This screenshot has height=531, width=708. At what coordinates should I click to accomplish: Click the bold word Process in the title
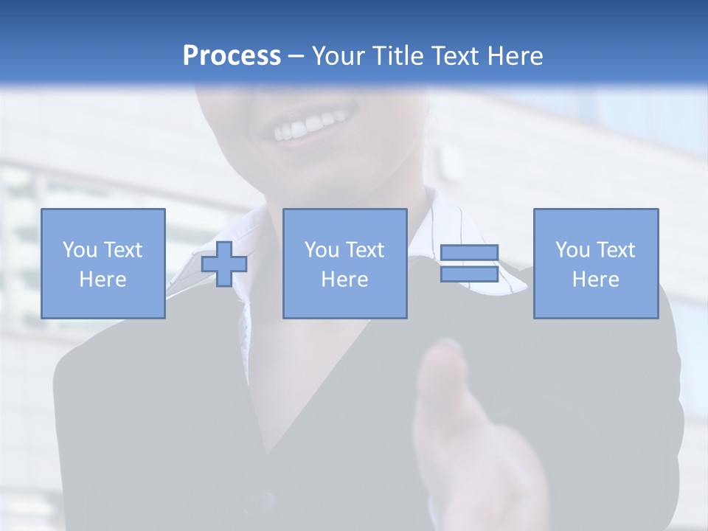tap(232, 56)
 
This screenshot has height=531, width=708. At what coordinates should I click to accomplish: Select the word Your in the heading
tap(339, 56)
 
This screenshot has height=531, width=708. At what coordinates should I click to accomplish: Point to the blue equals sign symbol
tap(469, 263)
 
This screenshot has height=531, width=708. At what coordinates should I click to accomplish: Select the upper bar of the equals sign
tap(469, 253)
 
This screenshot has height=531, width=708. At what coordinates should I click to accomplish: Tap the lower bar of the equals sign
tap(469, 274)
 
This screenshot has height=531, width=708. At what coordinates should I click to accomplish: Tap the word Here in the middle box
tap(344, 280)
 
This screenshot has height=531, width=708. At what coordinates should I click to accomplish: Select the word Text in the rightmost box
tap(616, 250)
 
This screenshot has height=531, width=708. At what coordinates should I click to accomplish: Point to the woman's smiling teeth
tap(310, 127)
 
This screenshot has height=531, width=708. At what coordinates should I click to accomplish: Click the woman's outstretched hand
tap(472, 435)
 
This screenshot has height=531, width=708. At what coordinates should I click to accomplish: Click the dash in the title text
tap(296, 56)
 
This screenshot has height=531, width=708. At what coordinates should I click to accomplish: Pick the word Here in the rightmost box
tap(595, 280)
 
